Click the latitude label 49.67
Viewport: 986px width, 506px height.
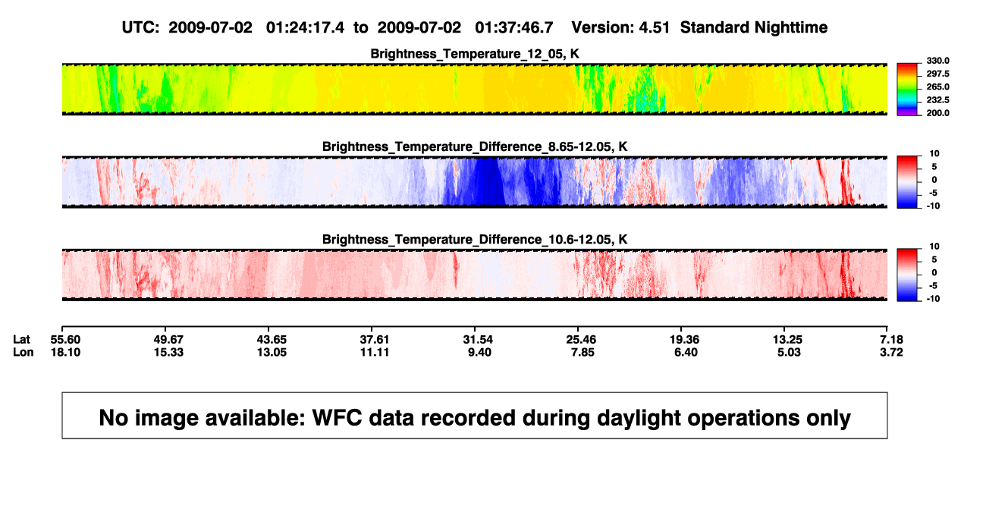tap(168, 340)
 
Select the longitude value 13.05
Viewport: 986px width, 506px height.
tap(272, 352)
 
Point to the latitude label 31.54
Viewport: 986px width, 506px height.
tap(478, 340)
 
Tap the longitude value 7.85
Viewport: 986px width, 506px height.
tap(582, 352)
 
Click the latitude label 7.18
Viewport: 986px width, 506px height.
tap(891, 340)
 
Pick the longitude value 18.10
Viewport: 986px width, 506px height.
tap(65, 352)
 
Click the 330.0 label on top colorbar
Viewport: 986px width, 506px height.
tap(937, 61)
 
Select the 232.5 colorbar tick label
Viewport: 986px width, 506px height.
tap(937, 100)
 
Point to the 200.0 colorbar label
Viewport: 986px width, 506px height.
tap(937, 113)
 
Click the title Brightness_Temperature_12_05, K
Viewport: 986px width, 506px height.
tap(475, 54)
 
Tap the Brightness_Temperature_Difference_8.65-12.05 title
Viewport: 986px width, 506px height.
tap(475, 146)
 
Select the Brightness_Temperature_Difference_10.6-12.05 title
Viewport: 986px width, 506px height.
tap(475, 240)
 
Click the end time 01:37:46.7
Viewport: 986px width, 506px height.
tap(513, 27)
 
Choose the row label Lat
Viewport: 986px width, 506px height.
tap(21, 340)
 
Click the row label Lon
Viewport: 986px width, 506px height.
tap(23, 352)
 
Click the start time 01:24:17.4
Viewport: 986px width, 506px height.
tap(305, 27)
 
